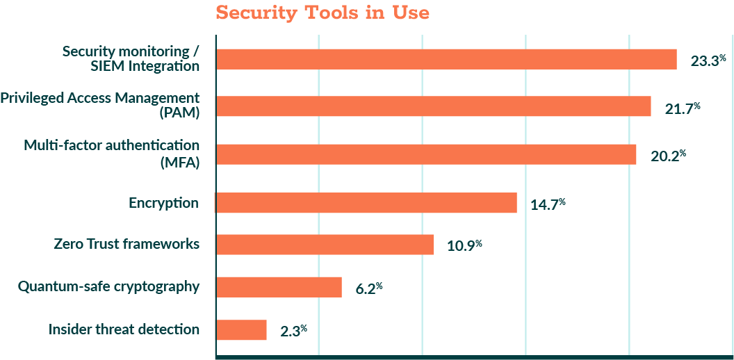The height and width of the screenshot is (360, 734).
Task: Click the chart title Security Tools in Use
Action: tap(323, 13)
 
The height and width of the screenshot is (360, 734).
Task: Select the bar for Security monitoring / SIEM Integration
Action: tap(446, 60)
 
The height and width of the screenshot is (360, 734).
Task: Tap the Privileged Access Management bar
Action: tap(433, 106)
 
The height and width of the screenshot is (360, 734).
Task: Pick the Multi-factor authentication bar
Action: tap(425, 154)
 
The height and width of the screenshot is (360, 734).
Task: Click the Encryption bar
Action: tap(366, 203)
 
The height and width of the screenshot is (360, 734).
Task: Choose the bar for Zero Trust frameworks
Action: tap(325, 245)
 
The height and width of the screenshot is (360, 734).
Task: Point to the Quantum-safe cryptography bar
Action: tap(279, 287)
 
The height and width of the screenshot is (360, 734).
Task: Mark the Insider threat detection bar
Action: tap(241, 330)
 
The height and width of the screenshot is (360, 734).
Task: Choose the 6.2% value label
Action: tap(369, 288)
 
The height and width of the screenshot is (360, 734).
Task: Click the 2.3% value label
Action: tap(293, 331)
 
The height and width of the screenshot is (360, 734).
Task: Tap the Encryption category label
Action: tap(164, 203)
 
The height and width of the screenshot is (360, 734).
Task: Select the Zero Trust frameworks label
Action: tap(127, 244)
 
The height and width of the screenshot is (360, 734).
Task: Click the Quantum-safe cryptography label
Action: tap(109, 286)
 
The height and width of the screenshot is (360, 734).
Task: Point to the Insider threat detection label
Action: tap(124, 329)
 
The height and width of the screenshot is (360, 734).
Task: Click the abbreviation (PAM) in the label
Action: tap(179, 113)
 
